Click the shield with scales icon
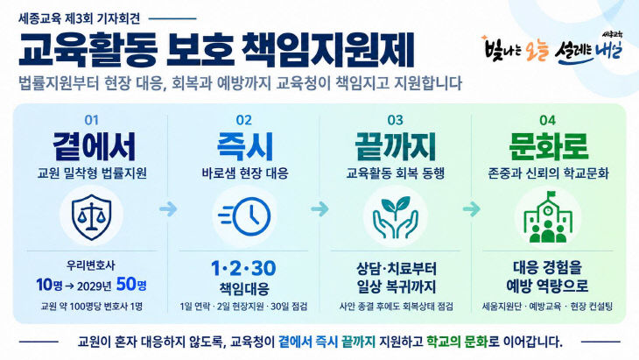click(x=91, y=216)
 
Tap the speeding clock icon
click(x=244, y=216)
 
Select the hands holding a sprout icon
click(x=396, y=216)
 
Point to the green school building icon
click(x=548, y=217)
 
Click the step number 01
click(x=92, y=120)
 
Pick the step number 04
click(x=547, y=120)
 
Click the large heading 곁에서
click(x=94, y=146)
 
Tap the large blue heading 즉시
click(x=244, y=146)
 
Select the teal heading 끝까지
click(x=396, y=146)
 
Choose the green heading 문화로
click(x=549, y=146)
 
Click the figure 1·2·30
click(x=243, y=268)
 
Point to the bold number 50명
click(x=131, y=285)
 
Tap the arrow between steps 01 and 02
click(x=168, y=209)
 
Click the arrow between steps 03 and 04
click(x=472, y=209)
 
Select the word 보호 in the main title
click(x=200, y=51)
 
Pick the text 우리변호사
click(x=91, y=265)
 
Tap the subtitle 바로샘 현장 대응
click(x=245, y=173)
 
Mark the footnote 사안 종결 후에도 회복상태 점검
click(x=397, y=307)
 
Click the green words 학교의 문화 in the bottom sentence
click(x=457, y=342)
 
